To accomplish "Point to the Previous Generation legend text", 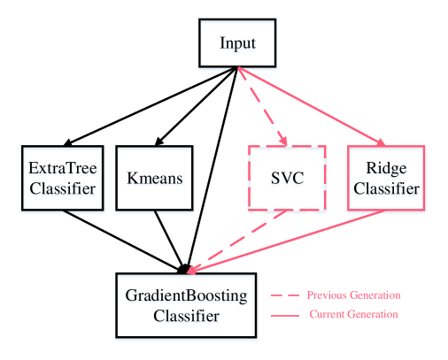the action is pyautogui.click(x=353, y=295).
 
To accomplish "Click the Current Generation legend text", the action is pyautogui.click(x=353, y=314).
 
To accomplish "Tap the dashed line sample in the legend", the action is pyautogui.click(x=285, y=295).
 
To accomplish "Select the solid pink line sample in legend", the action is pyautogui.click(x=285, y=316).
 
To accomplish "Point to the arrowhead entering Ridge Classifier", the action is pyautogui.click(x=381, y=142).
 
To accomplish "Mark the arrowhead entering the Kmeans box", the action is pyautogui.click(x=158, y=142).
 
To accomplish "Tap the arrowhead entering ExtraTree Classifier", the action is pyautogui.click(x=68, y=142).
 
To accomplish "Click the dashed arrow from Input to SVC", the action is pyautogui.click(x=262, y=106).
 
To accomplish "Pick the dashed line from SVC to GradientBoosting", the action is pyautogui.click(x=237, y=241).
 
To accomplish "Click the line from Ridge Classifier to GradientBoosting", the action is pyautogui.click(x=286, y=241).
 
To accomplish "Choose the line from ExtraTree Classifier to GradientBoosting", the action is pyautogui.click(x=124, y=241).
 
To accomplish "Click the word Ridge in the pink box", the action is pyautogui.click(x=386, y=169).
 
